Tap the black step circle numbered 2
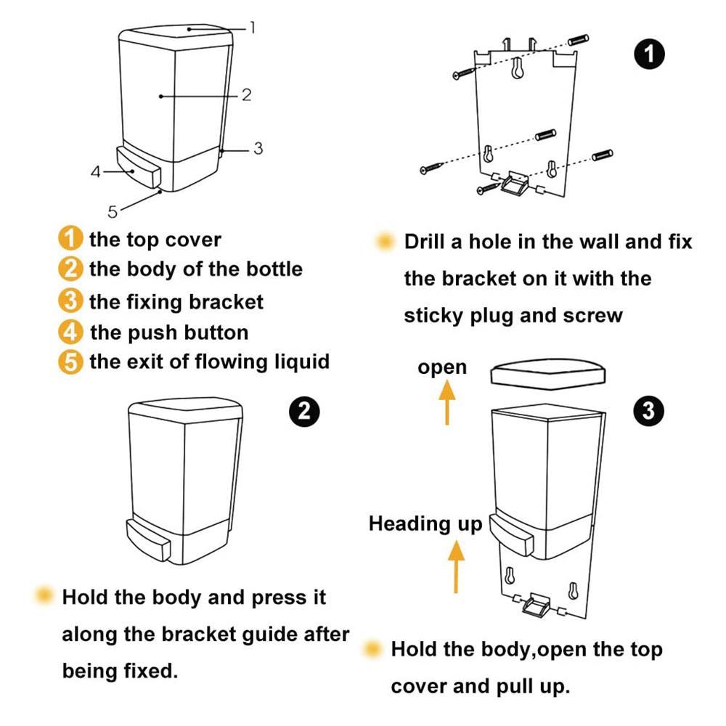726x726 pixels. pos(304,411)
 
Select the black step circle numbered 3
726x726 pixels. pos(648,411)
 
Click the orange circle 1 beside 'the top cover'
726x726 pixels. pos(70,239)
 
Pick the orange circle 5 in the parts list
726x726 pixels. pos(70,362)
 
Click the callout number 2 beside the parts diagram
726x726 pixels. pos(246,94)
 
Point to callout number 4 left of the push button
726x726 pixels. pos(95,172)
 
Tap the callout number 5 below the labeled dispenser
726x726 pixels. pos(113,211)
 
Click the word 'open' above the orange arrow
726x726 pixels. pos(442,367)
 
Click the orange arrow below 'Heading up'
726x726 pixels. pos(456,568)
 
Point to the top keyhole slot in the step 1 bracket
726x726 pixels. pos(516,68)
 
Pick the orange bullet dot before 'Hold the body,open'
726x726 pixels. pos(374,648)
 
